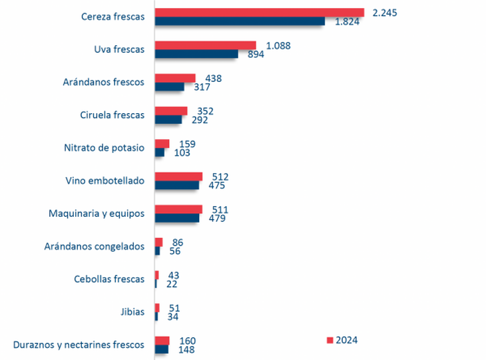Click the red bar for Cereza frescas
[x=260, y=12]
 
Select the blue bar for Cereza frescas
[x=240, y=21]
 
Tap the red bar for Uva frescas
[x=205, y=45]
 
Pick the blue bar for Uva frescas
[x=196, y=54]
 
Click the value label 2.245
[x=385, y=13]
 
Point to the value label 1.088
[x=278, y=45]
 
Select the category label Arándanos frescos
[x=103, y=82]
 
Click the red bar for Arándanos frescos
[x=175, y=78]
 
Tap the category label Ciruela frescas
[x=112, y=114]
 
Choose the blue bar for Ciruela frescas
[x=168, y=120]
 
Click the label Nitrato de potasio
[x=104, y=148]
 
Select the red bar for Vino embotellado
[x=178, y=176]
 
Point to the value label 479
[x=216, y=218]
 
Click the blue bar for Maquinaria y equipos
[x=177, y=218]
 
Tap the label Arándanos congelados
[x=94, y=246]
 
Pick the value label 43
[x=172, y=275]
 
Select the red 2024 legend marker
[x=329, y=340]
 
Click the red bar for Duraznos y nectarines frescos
[x=162, y=341]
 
